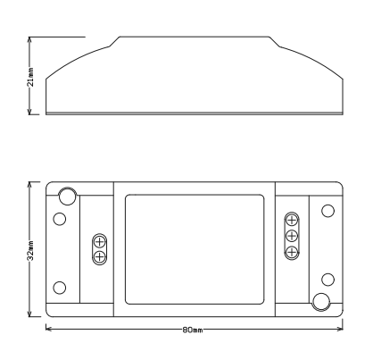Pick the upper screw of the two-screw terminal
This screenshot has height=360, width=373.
[x=100, y=241]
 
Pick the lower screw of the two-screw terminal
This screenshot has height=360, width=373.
[x=100, y=256]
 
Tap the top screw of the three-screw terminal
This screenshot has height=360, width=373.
[x=291, y=221]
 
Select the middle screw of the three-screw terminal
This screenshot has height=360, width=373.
[x=291, y=236]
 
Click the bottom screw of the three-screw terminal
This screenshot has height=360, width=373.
[x=291, y=251]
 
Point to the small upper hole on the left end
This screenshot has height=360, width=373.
[x=60, y=219]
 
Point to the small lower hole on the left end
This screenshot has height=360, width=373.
[x=60, y=287]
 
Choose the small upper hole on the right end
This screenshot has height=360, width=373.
[x=327, y=210]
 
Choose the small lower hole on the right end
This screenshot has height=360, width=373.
[x=327, y=278]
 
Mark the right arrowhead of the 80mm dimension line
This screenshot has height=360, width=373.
[x=342, y=330]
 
